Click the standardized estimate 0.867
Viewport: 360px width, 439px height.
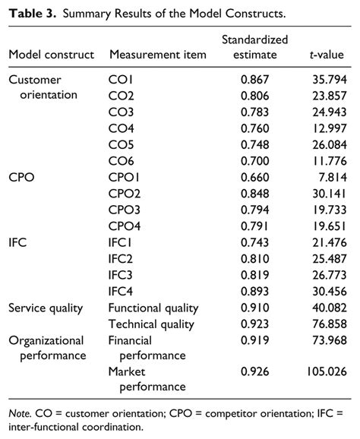click(x=254, y=80)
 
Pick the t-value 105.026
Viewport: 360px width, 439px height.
click(x=325, y=372)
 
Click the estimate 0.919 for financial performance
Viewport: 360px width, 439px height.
click(x=254, y=341)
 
